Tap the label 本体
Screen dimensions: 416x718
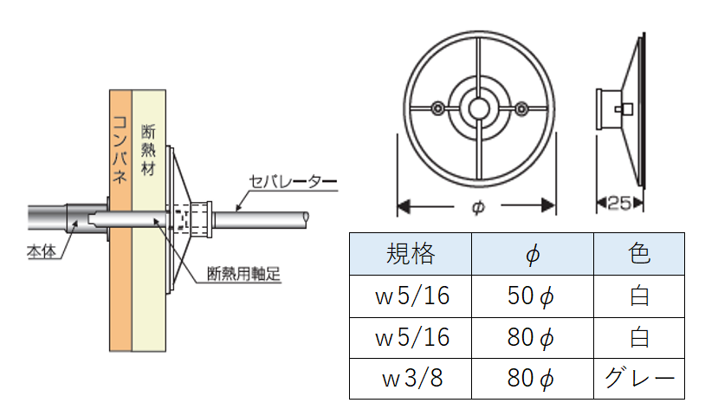coord(40,253)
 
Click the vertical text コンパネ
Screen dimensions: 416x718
coord(120,151)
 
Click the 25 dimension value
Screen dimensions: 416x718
coord(618,204)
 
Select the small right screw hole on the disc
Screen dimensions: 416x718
coord(521,108)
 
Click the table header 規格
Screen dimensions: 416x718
coord(410,254)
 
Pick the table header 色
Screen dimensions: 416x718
coord(638,254)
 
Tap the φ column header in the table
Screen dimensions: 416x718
coord(532,255)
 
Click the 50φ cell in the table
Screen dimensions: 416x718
coord(531,296)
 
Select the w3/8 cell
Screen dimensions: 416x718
coord(410,379)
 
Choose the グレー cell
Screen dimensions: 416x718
coord(638,379)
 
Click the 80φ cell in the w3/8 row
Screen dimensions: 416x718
coord(531,379)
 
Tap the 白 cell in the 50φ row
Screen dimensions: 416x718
coord(638,296)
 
